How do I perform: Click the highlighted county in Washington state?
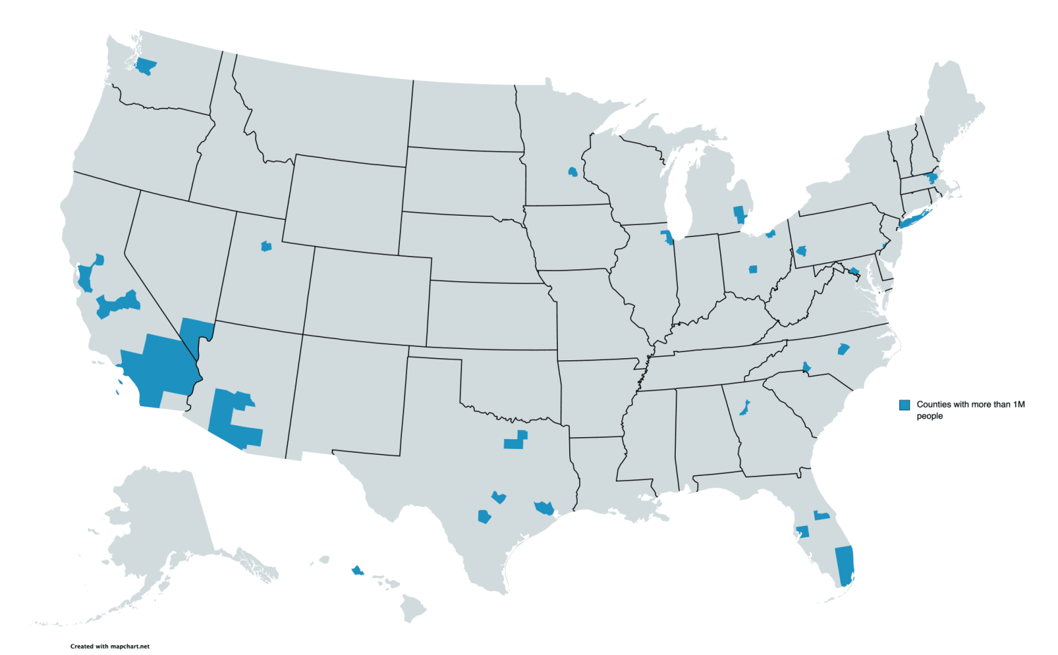pyautogui.click(x=146, y=67)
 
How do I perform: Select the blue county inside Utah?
pyautogui.click(x=266, y=246)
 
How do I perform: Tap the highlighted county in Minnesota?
pyautogui.click(x=573, y=171)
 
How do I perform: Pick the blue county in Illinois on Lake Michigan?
pyautogui.click(x=667, y=236)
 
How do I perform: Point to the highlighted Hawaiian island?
pyautogui.click(x=357, y=570)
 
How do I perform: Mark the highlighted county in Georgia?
pyautogui.click(x=744, y=408)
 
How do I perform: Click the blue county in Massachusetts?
pyautogui.click(x=931, y=177)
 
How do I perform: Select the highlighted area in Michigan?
pyautogui.click(x=739, y=214)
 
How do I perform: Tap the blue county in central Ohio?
pyautogui.click(x=753, y=269)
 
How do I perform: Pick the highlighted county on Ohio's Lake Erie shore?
pyautogui.click(x=771, y=233)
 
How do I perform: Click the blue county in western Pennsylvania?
pyautogui.click(x=801, y=250)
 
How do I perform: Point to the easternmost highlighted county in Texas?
pyautogui.click(x=544, y=508)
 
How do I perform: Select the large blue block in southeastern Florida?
pyautogui.click(x=844, y=565)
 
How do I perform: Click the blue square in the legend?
pyautogui.click(x=904, y=405)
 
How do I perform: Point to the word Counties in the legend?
pyautogui.click(x=934, y=405)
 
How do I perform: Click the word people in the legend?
pyautogui.click(x=930, y=416)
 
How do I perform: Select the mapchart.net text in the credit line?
pyautogui.click(x=130, y=646)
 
